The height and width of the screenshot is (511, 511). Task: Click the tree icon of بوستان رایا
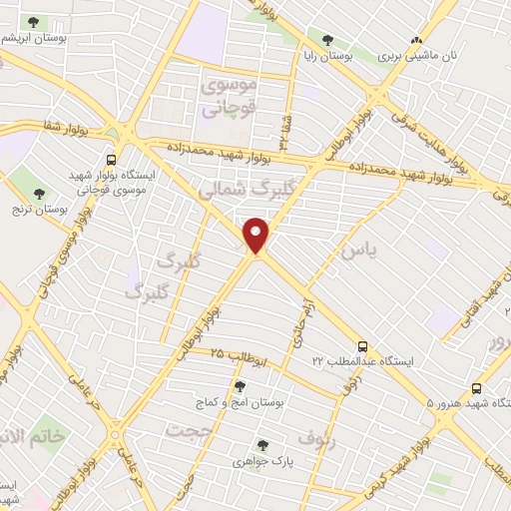pos(327,41)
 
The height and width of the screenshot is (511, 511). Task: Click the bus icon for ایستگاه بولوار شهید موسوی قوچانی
pos(111,159)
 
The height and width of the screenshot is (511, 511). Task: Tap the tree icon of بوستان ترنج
pos(40,194)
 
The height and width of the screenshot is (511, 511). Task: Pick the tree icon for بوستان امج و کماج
pos(239,384)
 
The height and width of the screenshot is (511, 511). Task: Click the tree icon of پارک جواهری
pos(262,445)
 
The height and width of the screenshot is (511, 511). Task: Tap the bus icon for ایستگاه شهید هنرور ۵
pos(476,389)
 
